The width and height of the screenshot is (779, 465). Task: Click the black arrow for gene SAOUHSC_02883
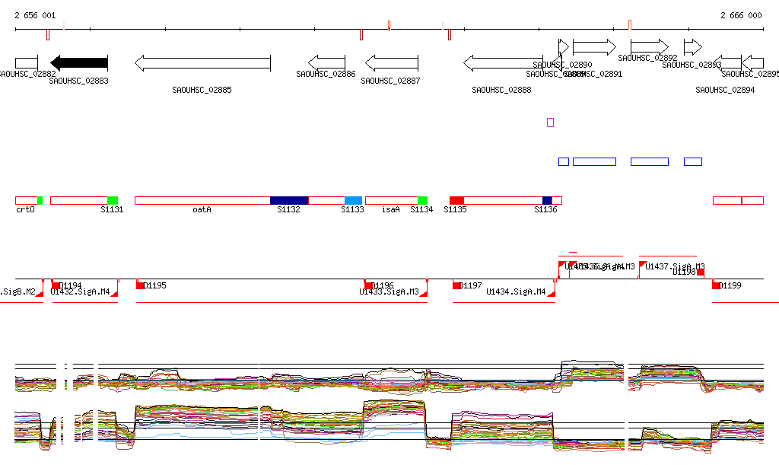(x=79, y=63)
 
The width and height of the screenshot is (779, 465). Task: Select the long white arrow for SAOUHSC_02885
(x=202, y=63)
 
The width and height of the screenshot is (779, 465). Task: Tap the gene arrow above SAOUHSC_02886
(x=326, y=63)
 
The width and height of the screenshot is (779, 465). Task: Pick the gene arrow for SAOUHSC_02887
(x=392, y=63)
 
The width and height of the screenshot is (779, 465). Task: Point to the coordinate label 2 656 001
(x=35, y=15)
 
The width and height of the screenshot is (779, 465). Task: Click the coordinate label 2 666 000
(x=741, y=15)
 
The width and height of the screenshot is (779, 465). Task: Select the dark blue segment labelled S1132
(x=289, y=200)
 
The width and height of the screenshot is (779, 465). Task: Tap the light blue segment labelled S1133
(x=354, y=200)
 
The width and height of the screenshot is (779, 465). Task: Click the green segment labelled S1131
(x=113, y=200)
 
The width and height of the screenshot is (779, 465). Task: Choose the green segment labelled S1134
(x=422, y=200)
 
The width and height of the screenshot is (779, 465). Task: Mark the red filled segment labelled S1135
(x=456, y=200)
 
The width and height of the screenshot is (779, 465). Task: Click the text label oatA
(x=202, y=209)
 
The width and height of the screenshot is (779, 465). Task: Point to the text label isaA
(x=390, y=209)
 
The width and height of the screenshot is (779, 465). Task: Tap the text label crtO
(x=25, y=209)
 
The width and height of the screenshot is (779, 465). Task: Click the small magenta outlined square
(x=550, y=123)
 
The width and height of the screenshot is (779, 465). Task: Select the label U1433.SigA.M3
(x=389, y=291)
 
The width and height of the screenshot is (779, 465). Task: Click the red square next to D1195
(x=140, y=285)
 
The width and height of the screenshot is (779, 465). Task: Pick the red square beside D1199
(x=716, y=285)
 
